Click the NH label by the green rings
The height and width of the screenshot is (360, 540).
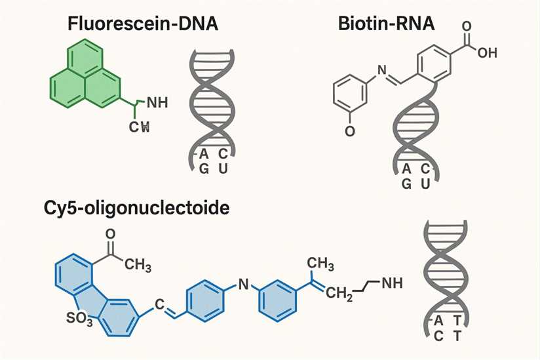(x=158, y=102)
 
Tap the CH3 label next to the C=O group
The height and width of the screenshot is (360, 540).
(x=138, y=265)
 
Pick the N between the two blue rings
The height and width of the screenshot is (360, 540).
(x=242, y=284)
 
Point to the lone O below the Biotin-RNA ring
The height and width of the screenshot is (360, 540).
(x=349, y=132)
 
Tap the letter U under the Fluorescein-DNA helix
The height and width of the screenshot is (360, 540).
(x=223, y=169)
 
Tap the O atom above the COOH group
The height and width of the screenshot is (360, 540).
(x=467, y=27)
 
